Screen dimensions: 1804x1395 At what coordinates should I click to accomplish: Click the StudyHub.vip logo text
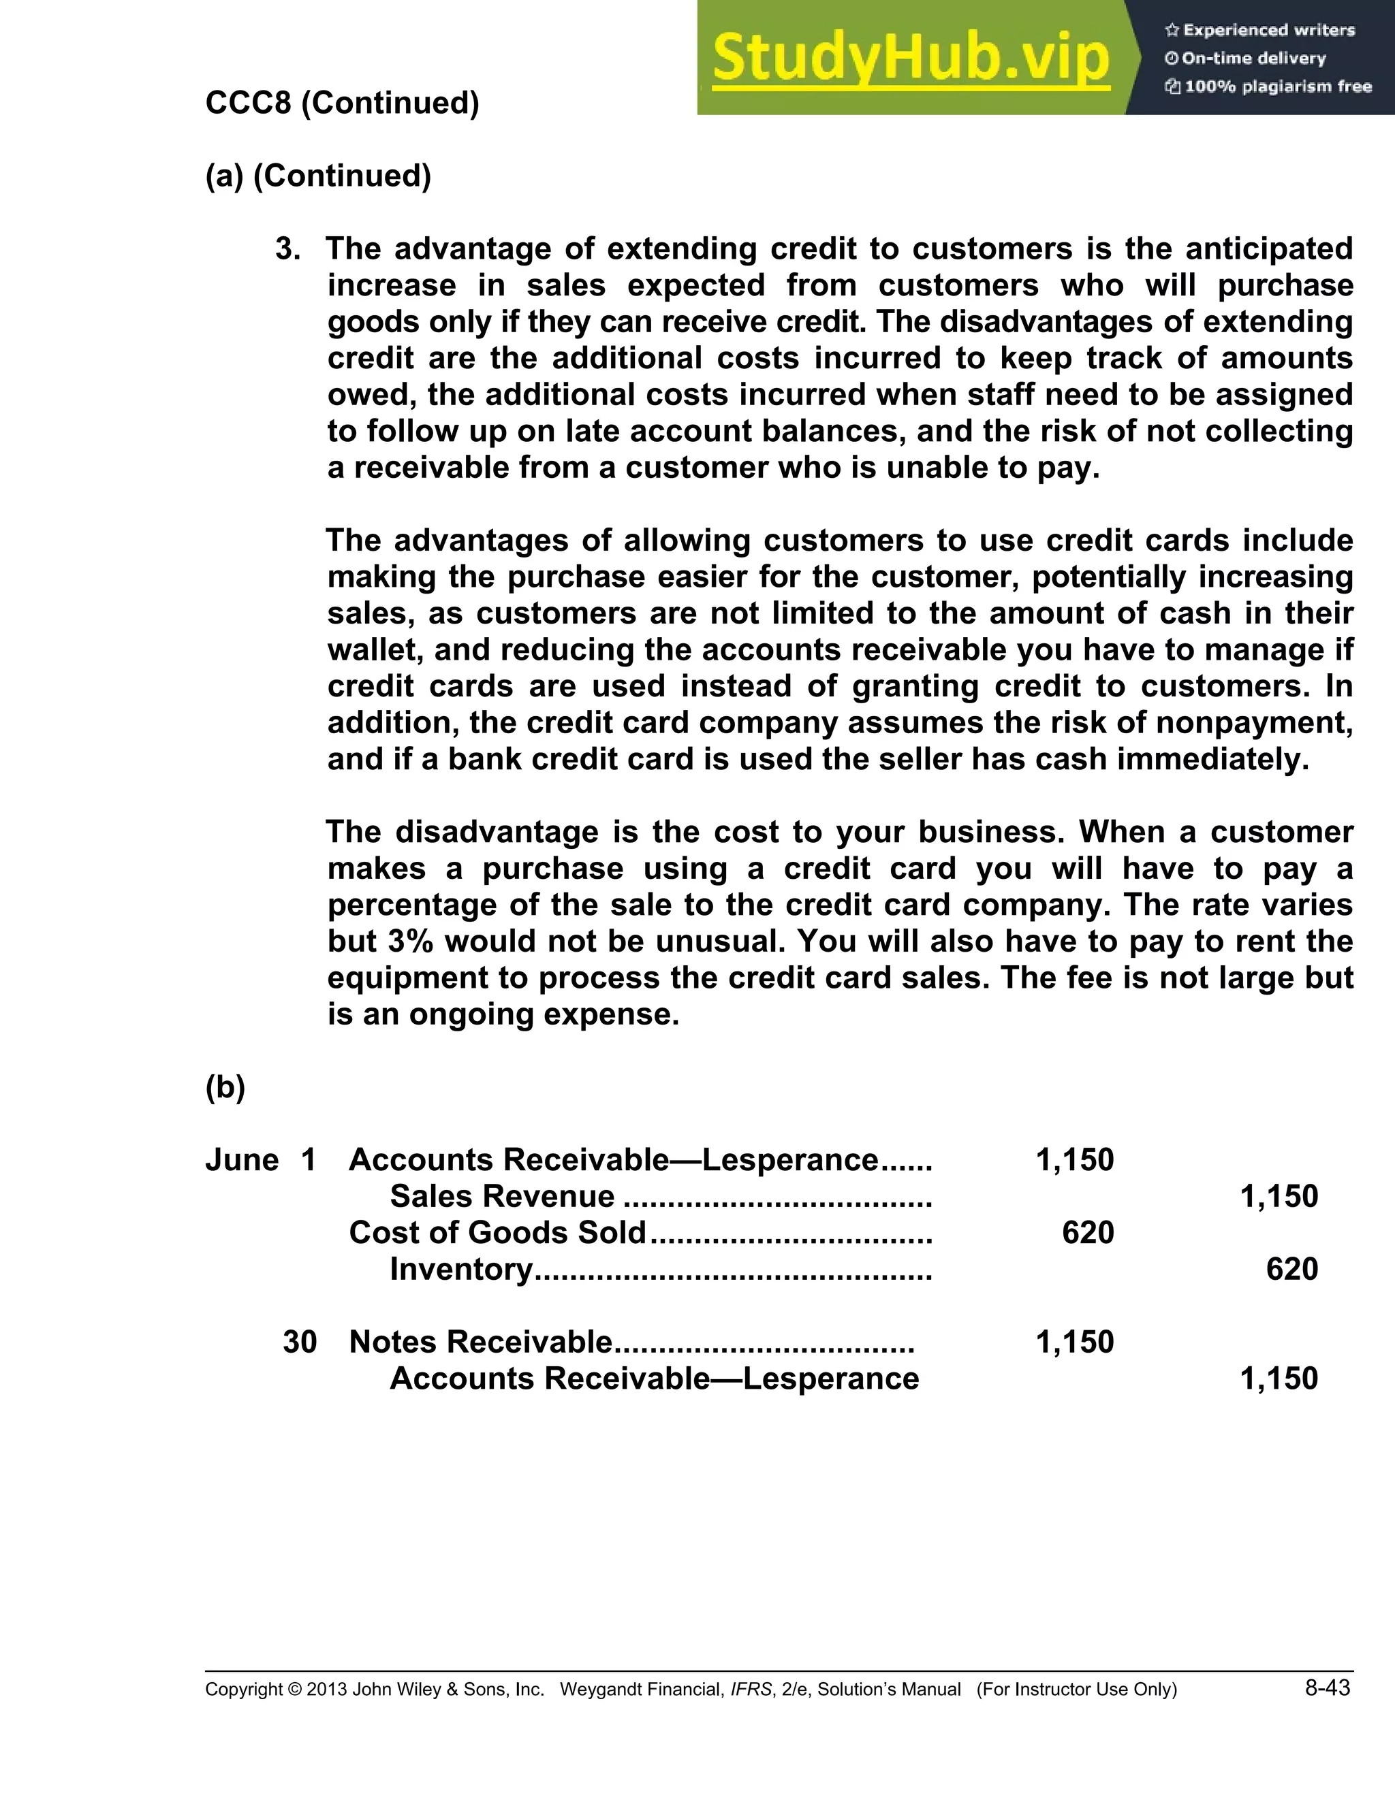tap(910, 59)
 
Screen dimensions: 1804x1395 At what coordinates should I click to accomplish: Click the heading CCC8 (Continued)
tap(342, 103)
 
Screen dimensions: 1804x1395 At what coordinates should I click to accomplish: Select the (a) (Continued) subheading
tap(318, 176)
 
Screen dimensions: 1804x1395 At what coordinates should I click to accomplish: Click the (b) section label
tap(225, 1088)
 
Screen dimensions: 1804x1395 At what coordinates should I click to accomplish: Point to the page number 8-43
tap(1328, 1688)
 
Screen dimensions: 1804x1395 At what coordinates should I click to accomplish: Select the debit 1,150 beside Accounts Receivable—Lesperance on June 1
tap(1074, 1161)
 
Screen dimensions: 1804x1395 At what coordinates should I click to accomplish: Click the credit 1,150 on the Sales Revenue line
tap(1279, 1197)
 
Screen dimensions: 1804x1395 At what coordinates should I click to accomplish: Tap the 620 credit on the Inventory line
tap(1291, 1270)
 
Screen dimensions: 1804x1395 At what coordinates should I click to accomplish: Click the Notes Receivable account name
tap(480, 1342)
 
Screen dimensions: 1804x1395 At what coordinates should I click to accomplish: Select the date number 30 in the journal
tap(299, 1342)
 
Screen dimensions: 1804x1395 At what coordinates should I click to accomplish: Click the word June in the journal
tap(241, 1161)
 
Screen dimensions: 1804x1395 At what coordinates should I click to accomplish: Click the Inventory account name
tap(461, 1270)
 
